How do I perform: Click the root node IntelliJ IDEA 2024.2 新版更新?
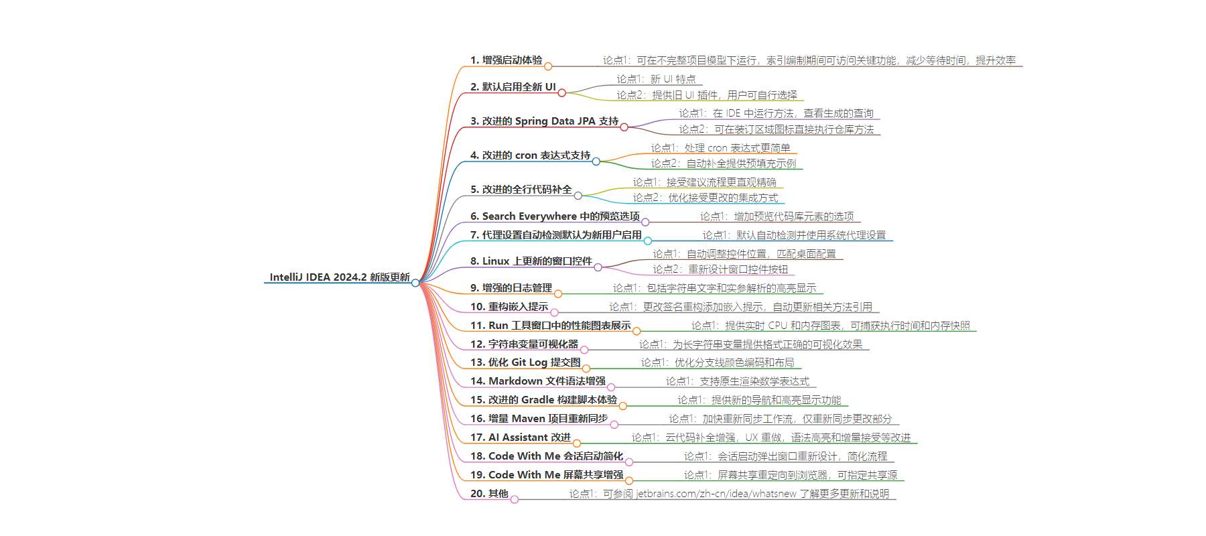pyautogui.click(x=340, y=277)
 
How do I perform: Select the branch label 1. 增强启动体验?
pyautogui.click(x=507, y=60)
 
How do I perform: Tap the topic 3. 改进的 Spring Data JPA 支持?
pyautogui.click(x=545, y=121)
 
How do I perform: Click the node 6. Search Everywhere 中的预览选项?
pyautogui.click(x=555, y=216)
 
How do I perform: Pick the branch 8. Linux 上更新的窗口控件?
pyautogui.click(x=531, y=261)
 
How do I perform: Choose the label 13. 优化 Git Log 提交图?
pyautogui.click(x=525, y=362)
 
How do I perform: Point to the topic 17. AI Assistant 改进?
pyautogui.click(x=521, y=438)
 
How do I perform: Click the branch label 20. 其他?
pyautogui.click(x=489, y=494)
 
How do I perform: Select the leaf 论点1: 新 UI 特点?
pyautogui.click(x=656, y=79)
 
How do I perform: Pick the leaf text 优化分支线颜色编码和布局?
pyautogui.click(x=734, y=362)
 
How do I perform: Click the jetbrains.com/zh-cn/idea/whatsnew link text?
pyautogui.click(x=716, y=494)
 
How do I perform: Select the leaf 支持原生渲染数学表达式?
pyautogui.click(x=754, y=381)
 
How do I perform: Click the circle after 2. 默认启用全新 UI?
pyautogui.click(x=561, y=92)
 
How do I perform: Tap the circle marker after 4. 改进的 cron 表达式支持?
pyautogui.click(x=596, y=161)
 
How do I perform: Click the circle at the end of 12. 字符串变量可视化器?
pyautogui.click(x=584, y=350)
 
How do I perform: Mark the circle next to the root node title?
pyautogui.click(x=415, y=283)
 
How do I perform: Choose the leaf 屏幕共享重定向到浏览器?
pyautogui.click(x=773, y=475)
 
